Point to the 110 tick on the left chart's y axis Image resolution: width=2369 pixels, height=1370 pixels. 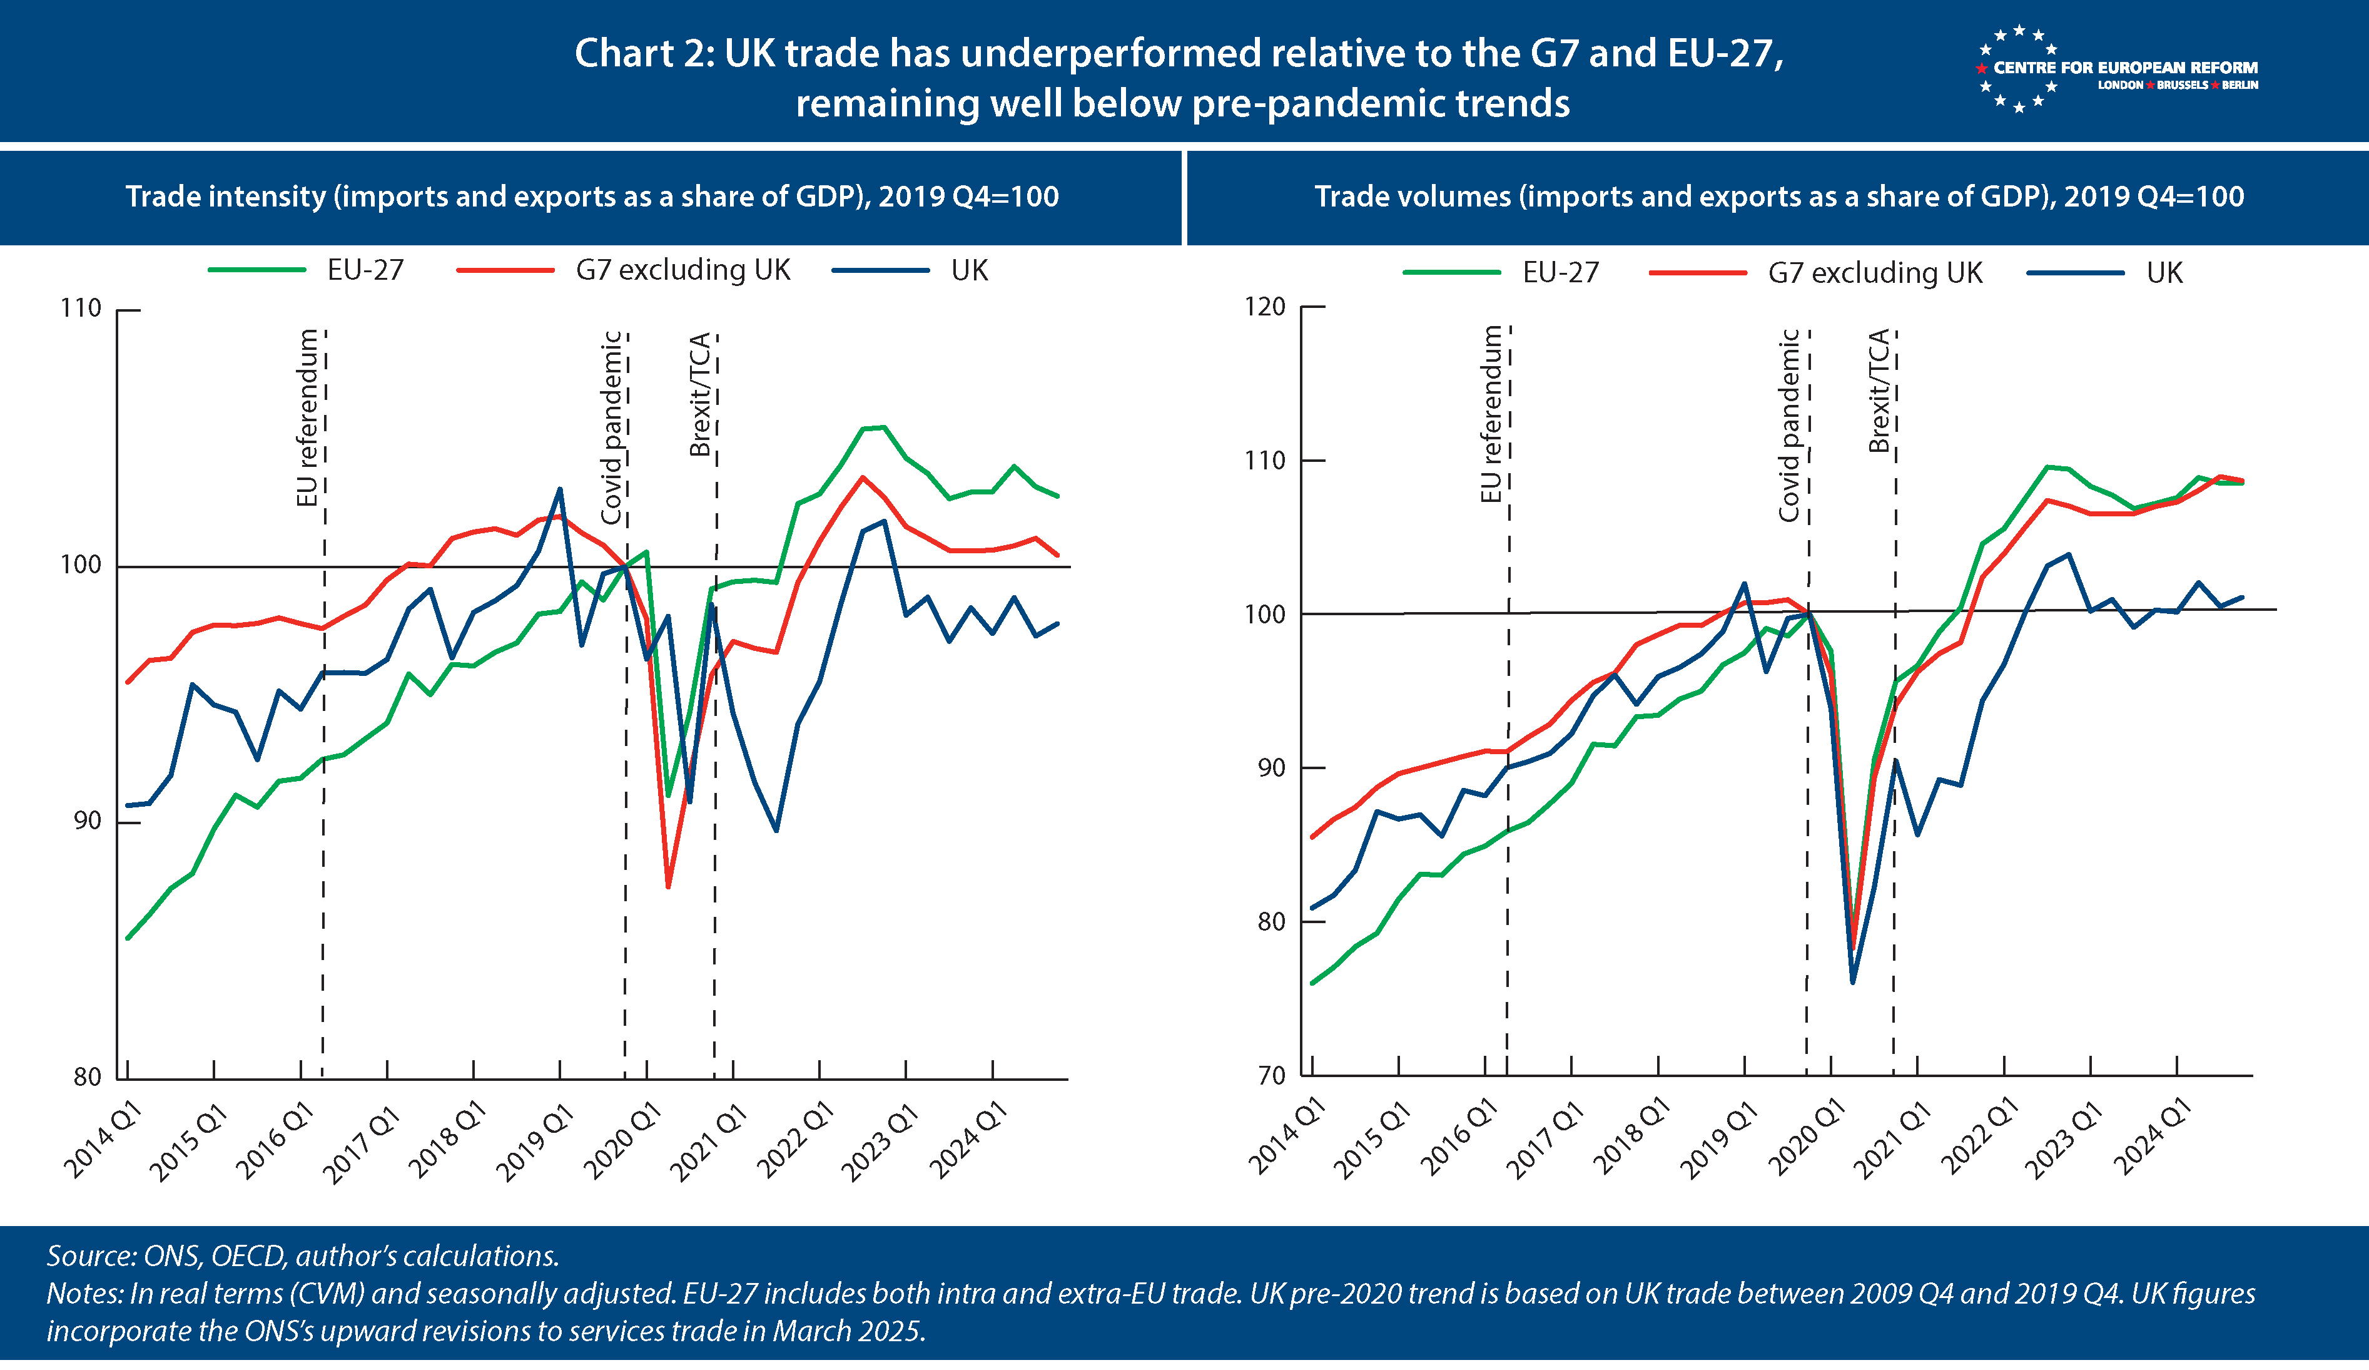coord(81,309)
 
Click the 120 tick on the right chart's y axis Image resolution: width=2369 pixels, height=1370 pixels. coord(1264,307)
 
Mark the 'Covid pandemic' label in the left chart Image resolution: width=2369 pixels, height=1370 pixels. coord(612,428)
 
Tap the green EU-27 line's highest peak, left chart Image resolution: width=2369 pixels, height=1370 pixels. coord(882,428)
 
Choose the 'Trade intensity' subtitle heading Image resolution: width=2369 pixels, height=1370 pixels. coord(592,197)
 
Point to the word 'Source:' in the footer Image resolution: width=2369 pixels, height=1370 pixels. coord(91,1256)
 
